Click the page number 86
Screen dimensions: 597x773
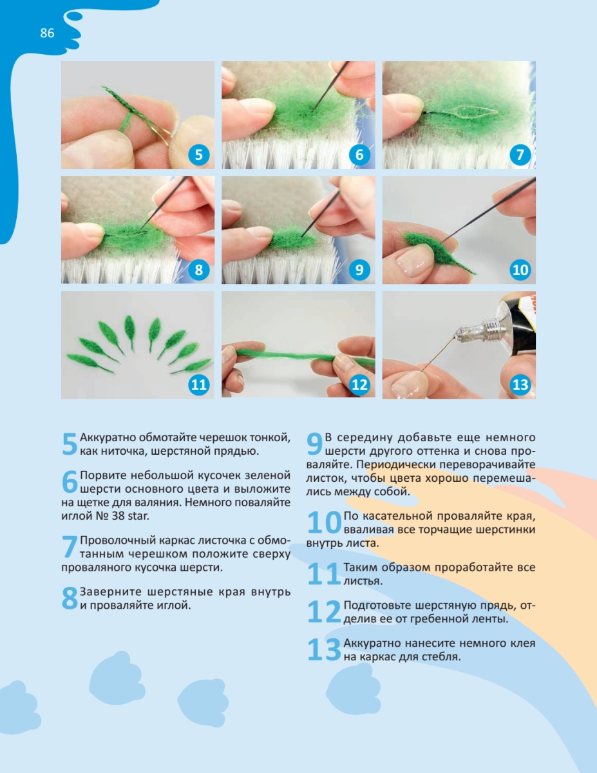click(x=47, y=33)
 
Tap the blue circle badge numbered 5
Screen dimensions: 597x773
click(x=198, y=155)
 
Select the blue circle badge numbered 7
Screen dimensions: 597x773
click(x=520, y=155)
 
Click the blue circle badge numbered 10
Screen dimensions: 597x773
click(x=520, y=270)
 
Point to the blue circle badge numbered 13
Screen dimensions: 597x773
click(x=520, y=385)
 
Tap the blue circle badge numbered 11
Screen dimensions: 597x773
click(x=198, y=385)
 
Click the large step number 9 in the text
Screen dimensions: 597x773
click(x=314, y=443)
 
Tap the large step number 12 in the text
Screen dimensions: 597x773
click(x=324, y=611)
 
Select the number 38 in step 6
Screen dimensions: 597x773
click(x=118, y=516)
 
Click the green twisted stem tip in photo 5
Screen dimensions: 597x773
click(x=104, y=88)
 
